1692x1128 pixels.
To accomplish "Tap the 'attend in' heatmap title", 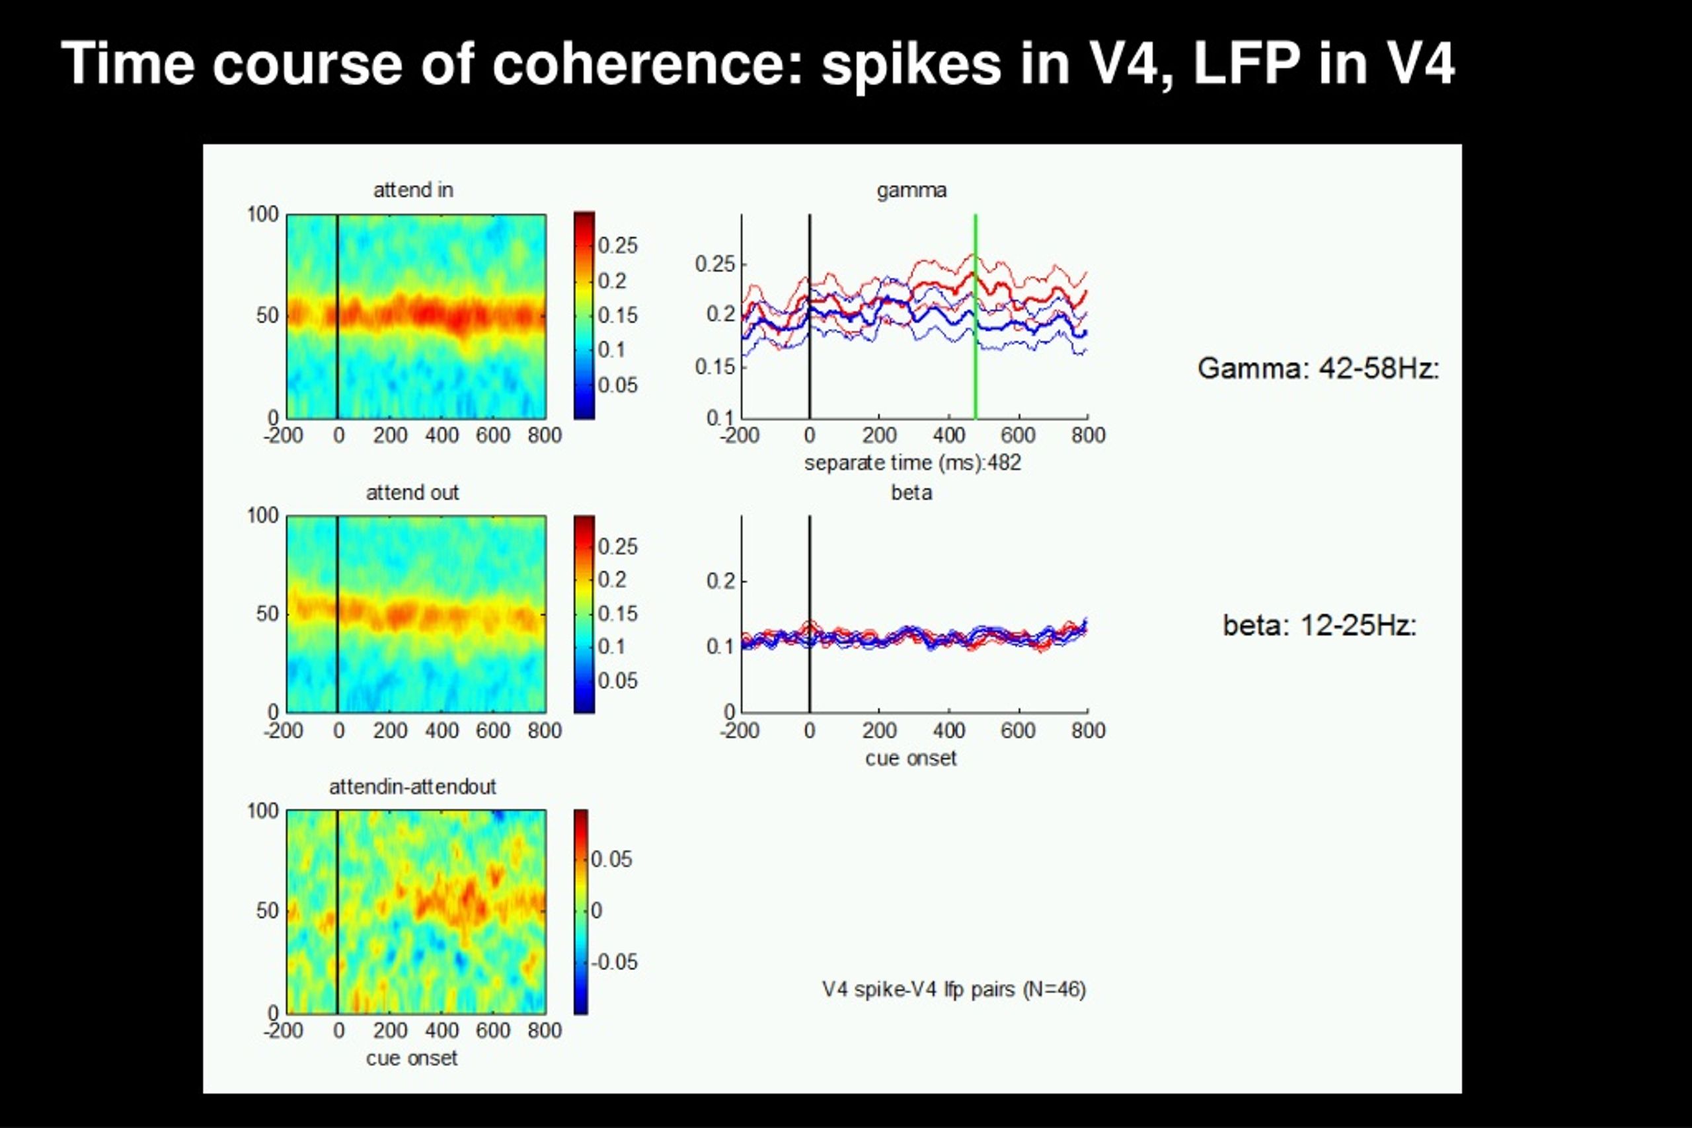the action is pos(413,190).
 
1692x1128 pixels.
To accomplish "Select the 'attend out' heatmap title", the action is pos(412,492).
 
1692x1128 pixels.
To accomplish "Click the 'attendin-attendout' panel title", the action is pos(412,786).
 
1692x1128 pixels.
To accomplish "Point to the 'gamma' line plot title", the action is pos(911,190).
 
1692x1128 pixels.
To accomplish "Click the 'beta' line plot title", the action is pos(911,492).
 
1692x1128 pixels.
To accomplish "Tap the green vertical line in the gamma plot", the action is pos(976,317).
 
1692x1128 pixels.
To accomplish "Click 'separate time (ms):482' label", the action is pos(912,462).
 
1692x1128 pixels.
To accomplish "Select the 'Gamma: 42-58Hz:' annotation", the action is pos(1318,368).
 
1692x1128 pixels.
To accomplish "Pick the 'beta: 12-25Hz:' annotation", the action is pos(1319,624).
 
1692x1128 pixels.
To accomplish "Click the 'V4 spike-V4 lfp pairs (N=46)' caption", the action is pos(954,989).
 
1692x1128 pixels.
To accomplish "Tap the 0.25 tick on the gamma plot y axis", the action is pos(715,264).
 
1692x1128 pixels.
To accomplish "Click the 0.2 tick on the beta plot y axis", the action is pos(721,581).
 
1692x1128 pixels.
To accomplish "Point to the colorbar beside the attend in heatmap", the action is pos(584,315).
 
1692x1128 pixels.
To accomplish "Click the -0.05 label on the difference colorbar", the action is pos(613,962).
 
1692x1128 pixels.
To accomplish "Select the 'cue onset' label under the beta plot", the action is pos(911,758).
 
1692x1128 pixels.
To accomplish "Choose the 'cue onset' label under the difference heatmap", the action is pos(412,1058).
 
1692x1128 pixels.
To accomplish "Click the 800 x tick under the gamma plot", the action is pos(1088,435).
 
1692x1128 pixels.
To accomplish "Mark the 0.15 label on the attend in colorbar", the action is pos(617,315).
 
